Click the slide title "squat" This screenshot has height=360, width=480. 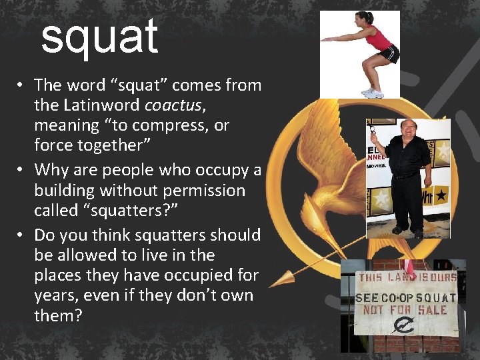click(x=99, y=37)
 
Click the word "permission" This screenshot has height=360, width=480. click(x=206, y=191)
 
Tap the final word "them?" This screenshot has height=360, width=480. click(x=58, y=315)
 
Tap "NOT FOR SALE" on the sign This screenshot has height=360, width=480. click(x=405, y=310)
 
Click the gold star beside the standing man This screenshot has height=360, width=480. click(x=380, y=200)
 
